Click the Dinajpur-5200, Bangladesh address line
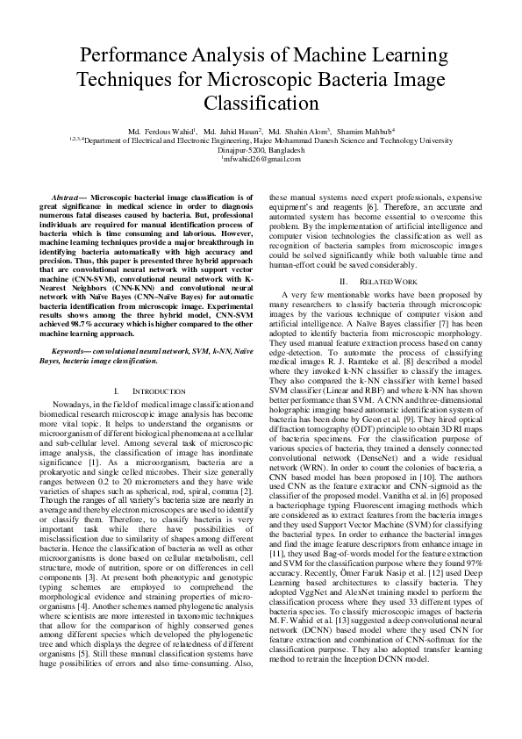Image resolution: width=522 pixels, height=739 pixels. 261,149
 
